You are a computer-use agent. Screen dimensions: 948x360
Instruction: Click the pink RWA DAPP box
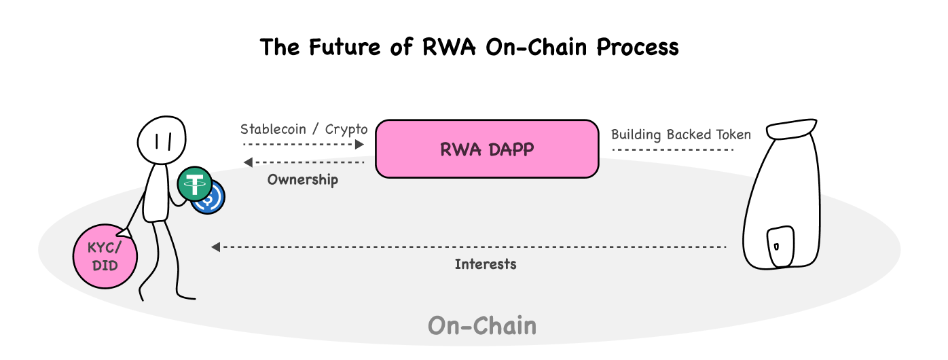[x=487, y=149]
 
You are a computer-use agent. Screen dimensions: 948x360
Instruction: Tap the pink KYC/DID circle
[x=105, y=257]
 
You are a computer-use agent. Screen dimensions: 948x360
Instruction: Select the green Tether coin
[x=195, y=184]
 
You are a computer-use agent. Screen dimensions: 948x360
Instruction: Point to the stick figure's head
[x=162, y=140]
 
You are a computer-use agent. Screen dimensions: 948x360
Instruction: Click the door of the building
[x=780, y=247]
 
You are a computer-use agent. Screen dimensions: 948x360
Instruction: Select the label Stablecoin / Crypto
[x=304, y=129]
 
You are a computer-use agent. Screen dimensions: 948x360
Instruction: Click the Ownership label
[x=303, y=179]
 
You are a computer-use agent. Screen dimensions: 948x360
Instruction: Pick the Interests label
[x=486, y=264]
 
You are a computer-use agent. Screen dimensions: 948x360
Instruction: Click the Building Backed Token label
[x=681, y=134]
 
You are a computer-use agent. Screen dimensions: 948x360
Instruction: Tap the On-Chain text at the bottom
[x=482, y=325]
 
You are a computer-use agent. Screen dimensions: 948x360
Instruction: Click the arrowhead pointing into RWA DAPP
[x=359, y=145]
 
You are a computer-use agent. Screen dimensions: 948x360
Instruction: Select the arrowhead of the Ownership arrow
[x=248, y=162]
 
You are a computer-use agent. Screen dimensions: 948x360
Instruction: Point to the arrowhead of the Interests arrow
[x=215, y=247]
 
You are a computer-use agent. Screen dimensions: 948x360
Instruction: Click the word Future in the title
[x=344, y=47]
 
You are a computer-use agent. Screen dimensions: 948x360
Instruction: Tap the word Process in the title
[x=638, y=47]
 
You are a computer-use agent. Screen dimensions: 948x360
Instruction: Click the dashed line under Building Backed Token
[x=673, y=149]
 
